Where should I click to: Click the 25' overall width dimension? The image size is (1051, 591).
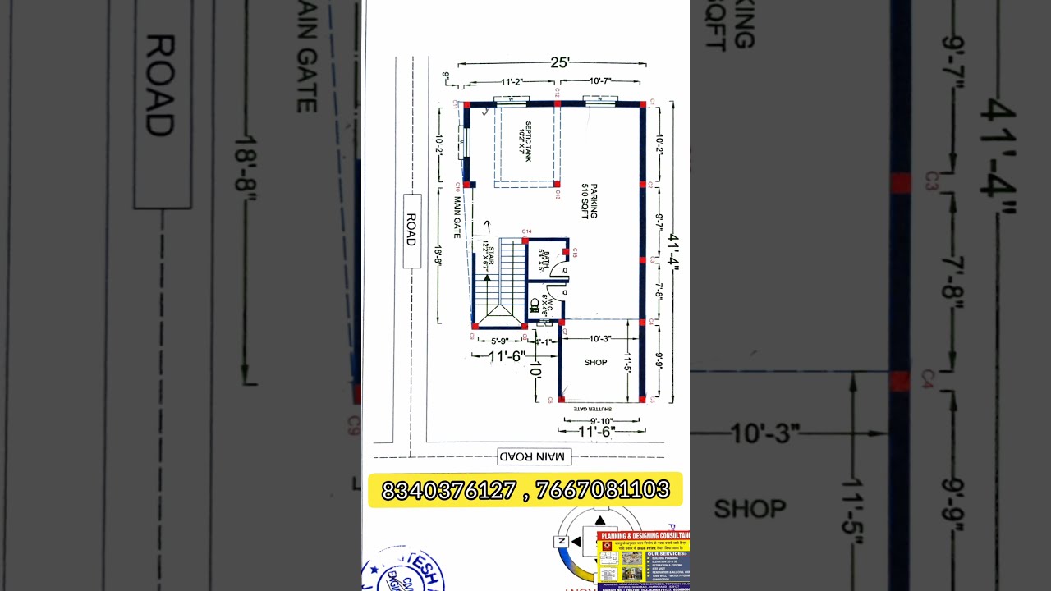pos(559,62)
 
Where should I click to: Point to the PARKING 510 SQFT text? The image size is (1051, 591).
pos(589,200)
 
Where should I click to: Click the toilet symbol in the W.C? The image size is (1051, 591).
pos(535,306)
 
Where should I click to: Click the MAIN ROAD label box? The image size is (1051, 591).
pos(534,456)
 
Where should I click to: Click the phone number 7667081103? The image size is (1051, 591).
pos(602,490)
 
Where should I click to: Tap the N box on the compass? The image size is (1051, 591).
pos(562,541)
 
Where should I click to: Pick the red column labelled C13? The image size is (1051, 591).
pos(557,184)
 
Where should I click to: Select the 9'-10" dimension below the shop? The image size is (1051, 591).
pos(602,420)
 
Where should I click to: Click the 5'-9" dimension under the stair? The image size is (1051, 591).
pos(499,341)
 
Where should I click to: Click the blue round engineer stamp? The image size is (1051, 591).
pos(404,571)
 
